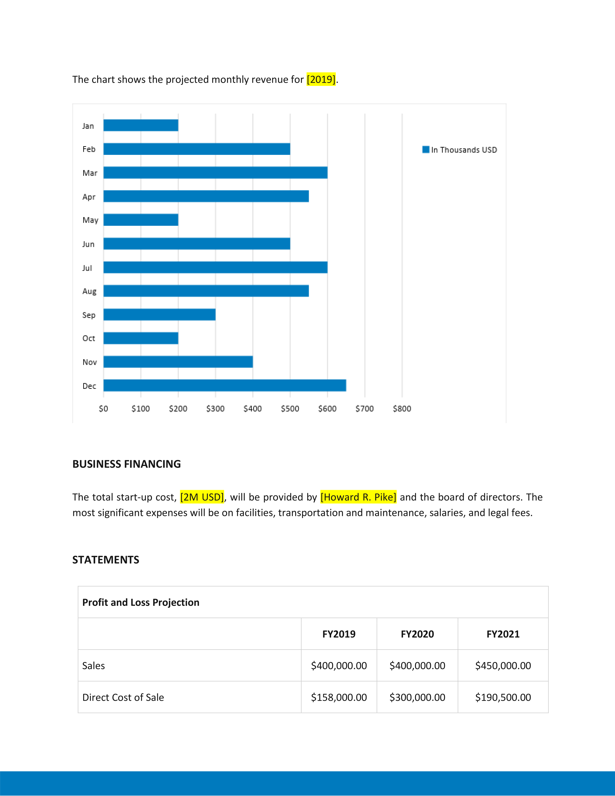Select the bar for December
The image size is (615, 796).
(225, 385)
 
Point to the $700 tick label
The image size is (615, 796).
(364, 409)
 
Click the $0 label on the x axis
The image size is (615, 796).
(103, 409)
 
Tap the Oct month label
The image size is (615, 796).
(89, 338)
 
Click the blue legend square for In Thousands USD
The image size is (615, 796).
(425, 150)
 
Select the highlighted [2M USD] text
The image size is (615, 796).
(202, 497)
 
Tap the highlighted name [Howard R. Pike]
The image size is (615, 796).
(358, 497)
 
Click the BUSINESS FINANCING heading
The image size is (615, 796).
(126, 464)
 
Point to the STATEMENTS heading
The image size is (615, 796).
(106, 560)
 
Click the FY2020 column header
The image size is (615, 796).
(417, 634)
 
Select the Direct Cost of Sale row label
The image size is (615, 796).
(123, 697)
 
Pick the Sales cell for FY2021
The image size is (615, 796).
(503, 666)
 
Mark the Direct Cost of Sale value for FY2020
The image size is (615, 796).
(417, 697)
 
